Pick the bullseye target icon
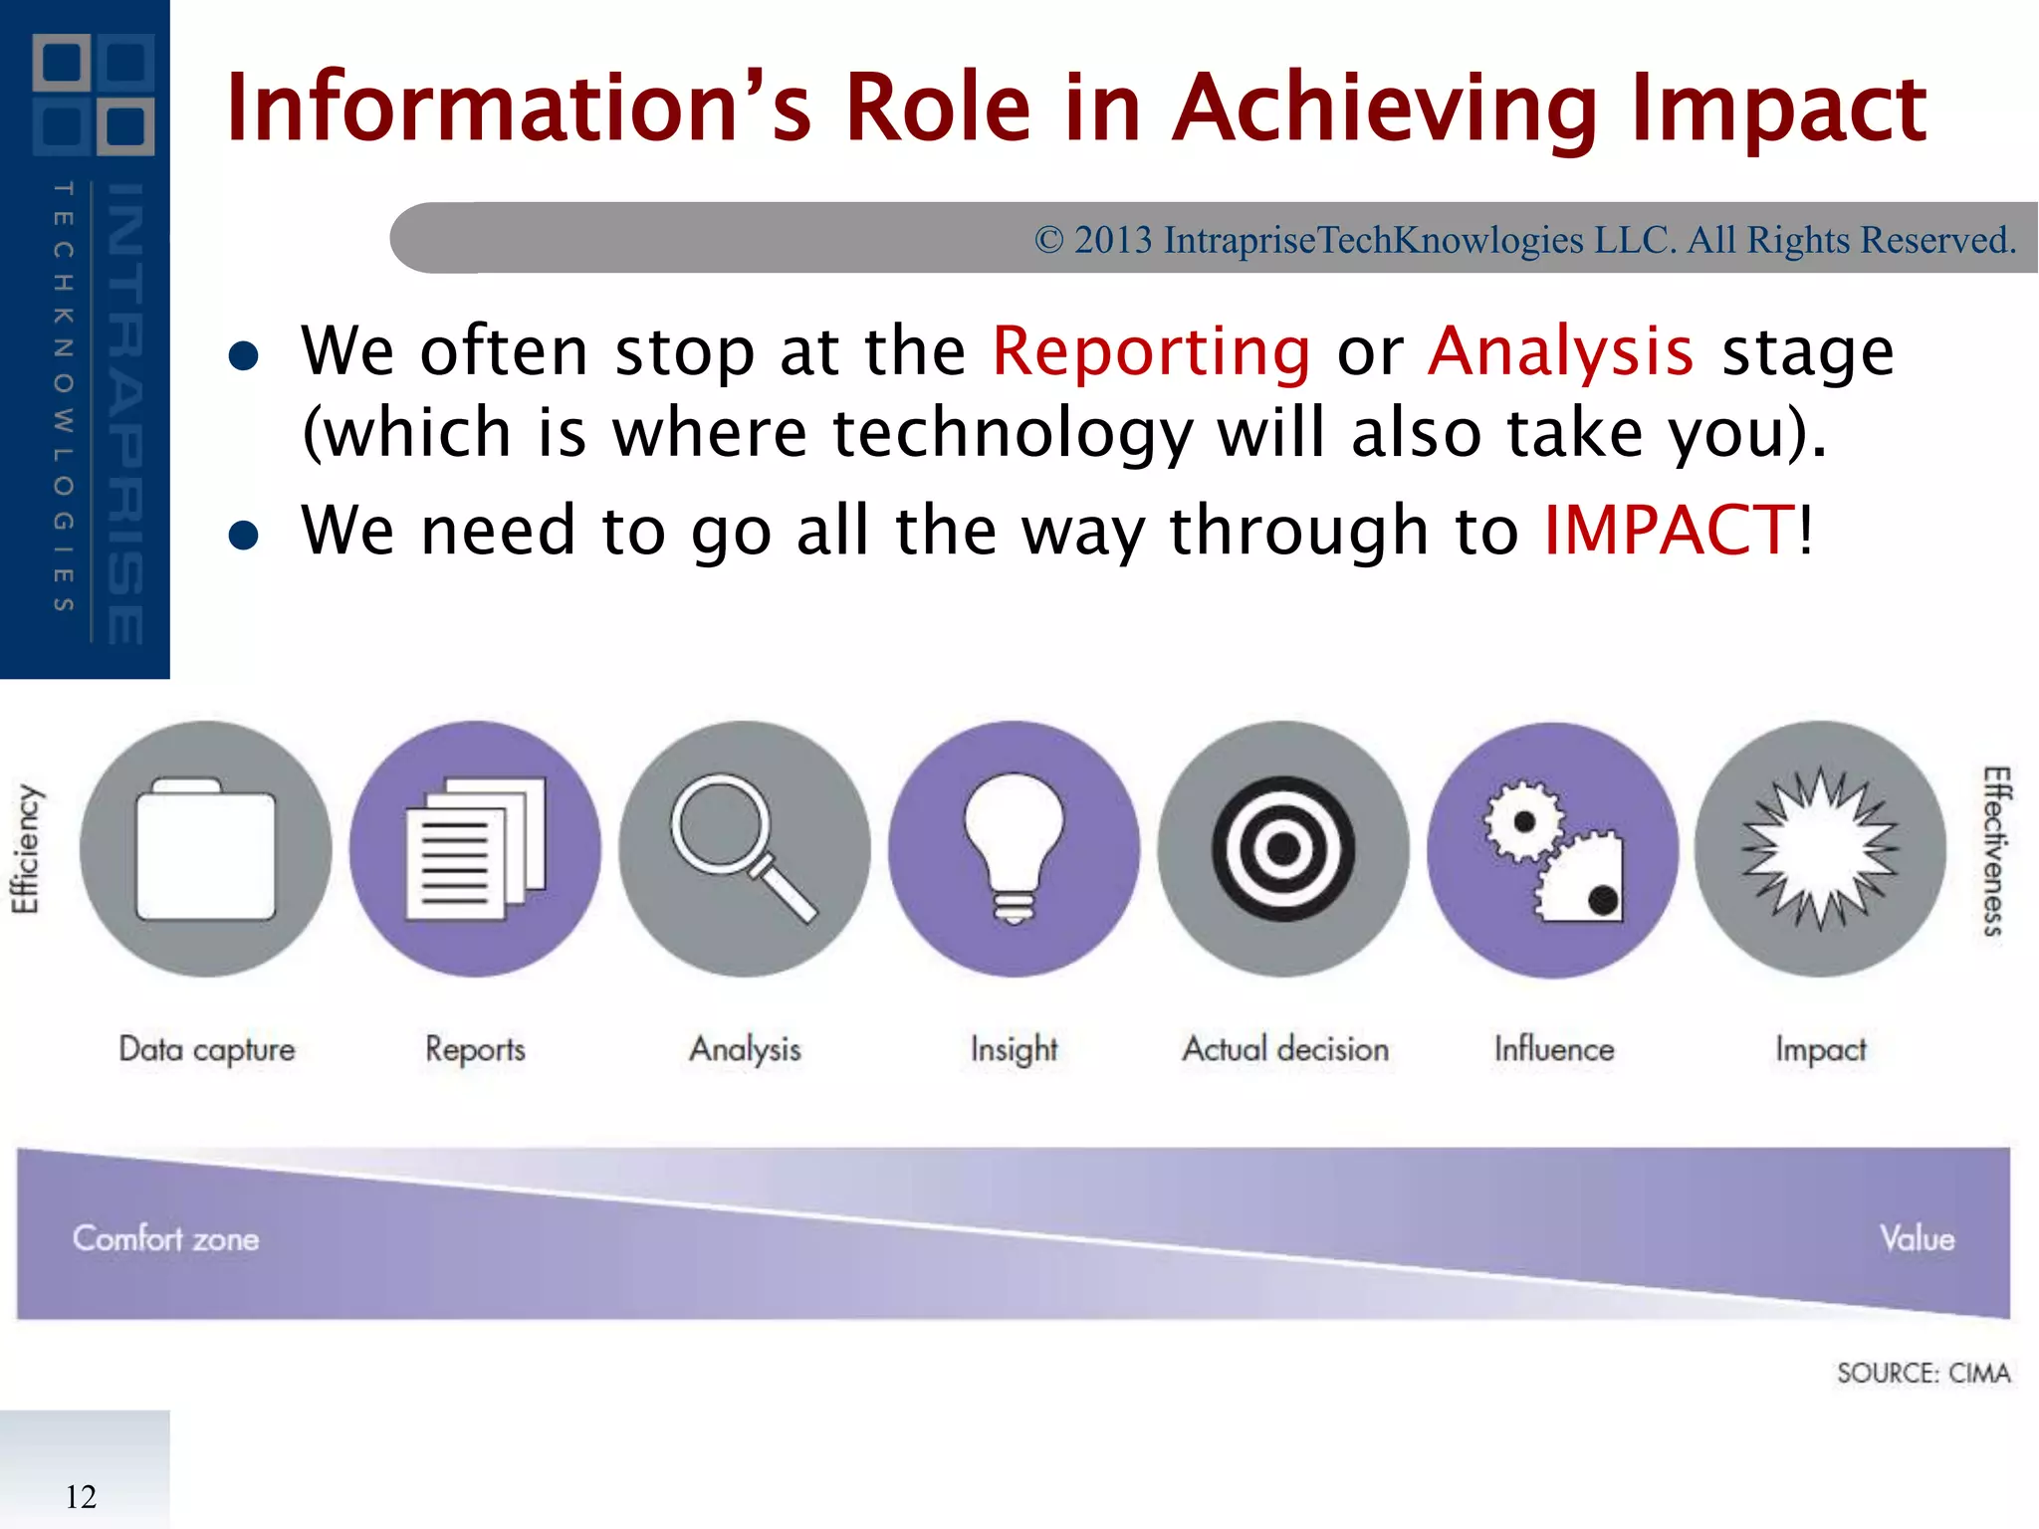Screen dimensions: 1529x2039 pyautogui.click(x=1283, y=849)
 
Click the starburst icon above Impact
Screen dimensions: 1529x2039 pyautogui.click(x=1821, y=849)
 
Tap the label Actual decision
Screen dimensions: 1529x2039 pyautogui.click(x=1284, y=1049)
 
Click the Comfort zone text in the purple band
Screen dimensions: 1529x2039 pyautogui.click(x=165, y=1238)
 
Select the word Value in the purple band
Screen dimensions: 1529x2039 pyautogui.click(x=1917, y=1238)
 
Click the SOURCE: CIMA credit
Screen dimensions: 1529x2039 pyautogui.click(x=1923, y=1374)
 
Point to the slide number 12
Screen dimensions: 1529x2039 pyautogui.click(x=81, y=1496)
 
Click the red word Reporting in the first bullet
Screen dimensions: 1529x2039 pyautogui.click(x=1152, y=351)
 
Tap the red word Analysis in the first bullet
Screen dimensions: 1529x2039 pyautogui.click(x=1560, y=351)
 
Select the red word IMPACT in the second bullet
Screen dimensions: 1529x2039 pyautogui.click(x=1670, y=530)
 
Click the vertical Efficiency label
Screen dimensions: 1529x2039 pyautogui.click(x=26, y=849)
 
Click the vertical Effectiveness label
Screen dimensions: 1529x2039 pyautogui.click(x=1994, y=851)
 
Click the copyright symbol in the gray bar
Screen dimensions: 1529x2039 pyautogui.click(x=1048, y=240)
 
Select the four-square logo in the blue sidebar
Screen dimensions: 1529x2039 pyautogui.click(x=94, y=95)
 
